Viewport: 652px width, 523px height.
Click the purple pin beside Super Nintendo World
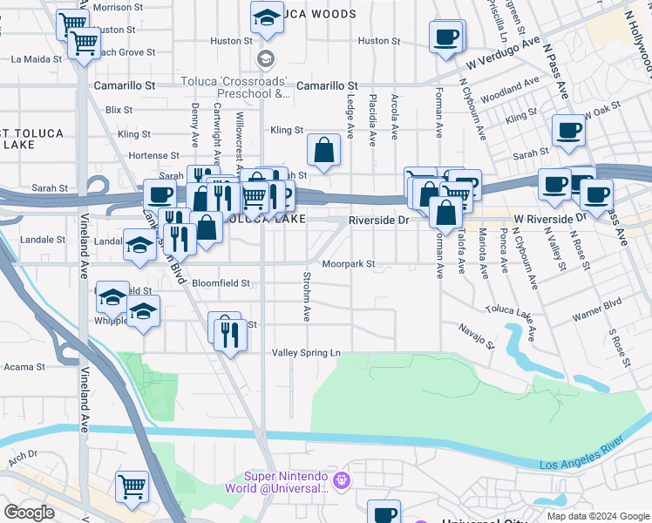342,479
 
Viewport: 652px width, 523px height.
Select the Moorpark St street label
348,263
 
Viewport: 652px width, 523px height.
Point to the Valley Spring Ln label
305,352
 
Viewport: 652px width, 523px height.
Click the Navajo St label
478,336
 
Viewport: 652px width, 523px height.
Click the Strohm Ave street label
306,296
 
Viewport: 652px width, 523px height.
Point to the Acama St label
17,368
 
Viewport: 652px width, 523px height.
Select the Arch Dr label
23,454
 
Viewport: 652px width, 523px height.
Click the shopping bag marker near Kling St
323,149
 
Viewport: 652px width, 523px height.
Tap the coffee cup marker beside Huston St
445,37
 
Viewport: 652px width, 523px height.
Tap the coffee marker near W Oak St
567,130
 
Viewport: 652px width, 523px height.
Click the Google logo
30,513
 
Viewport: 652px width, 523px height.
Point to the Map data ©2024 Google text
597,515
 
